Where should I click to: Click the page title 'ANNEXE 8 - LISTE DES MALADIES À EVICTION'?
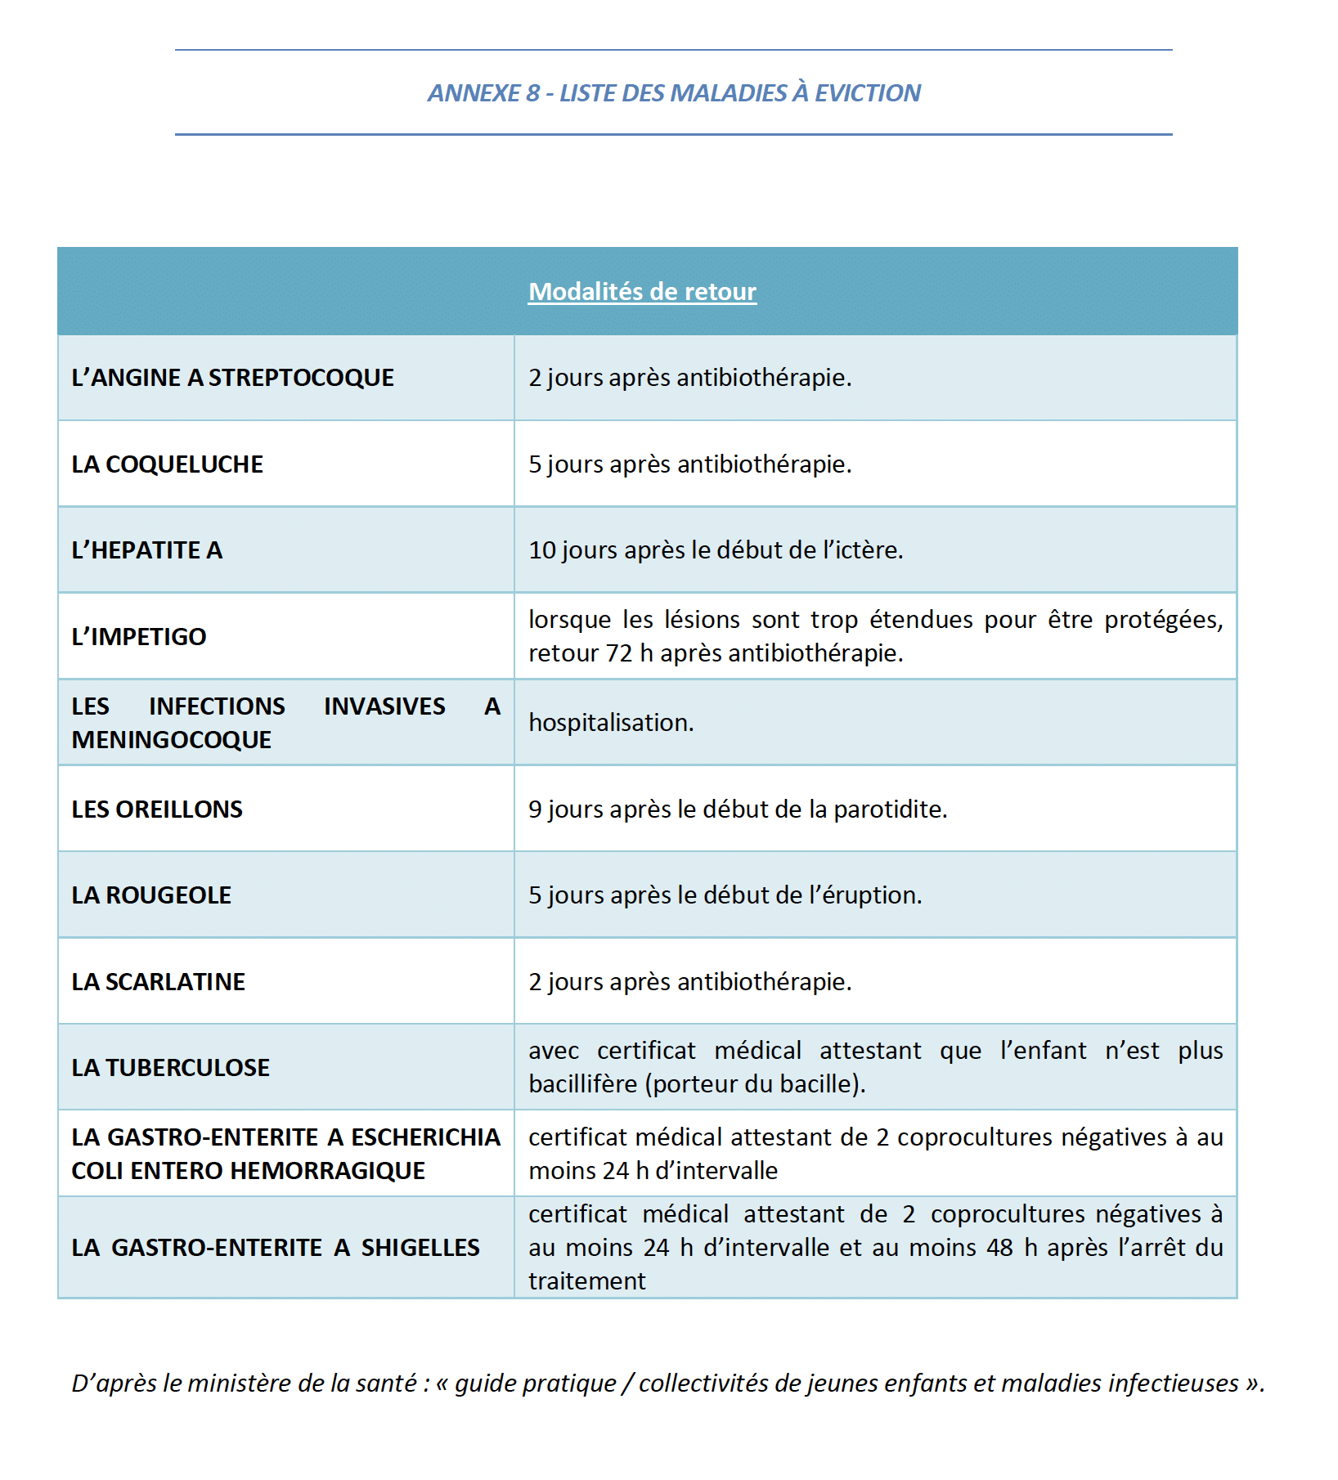pyautogui.click(x=674, y=93)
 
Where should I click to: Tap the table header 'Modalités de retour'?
pyautogui.click(x=642, y=291)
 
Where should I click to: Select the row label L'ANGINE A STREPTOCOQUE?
pyautogui.click(x=232, y=378)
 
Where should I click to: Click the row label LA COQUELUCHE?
pyautogui.click(x=167, y=464)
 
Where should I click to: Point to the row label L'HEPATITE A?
pyautogui.click(x=146, y=550)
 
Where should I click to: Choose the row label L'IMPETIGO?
pyautogui.click(x=138, y=637)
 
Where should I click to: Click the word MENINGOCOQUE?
pyautogui.click(x=171, y=740)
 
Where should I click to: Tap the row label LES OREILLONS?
pyautogui.click(x=157, y=810)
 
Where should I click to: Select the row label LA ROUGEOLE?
pyautogui.click(x=151, y=895)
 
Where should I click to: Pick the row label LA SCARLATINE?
pyautogui.click(x=158, y=982)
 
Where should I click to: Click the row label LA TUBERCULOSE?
pyautogui.click(x=170, y=1068)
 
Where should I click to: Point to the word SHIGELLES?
pyautogui.click(x=420, y=1248)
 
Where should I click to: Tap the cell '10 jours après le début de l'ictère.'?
pyautogui.click(x=716, y=550)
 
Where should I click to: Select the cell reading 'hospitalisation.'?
pyautogui.click(x=611, y=723)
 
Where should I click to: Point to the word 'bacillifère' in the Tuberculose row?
pyautogui.click(x=582, y=1084)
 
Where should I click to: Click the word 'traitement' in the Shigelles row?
pyautogui.click(x=586, y=1281)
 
